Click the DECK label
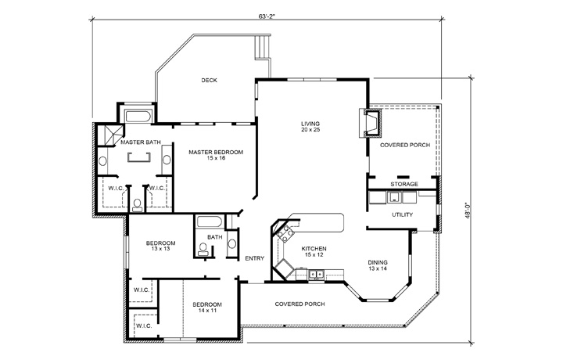point(209,80)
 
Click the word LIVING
point(310,123)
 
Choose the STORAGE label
point(404,184)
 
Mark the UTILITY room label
point(403,214)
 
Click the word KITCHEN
point(314,248)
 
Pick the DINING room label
point(378,262)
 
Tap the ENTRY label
point(255,258)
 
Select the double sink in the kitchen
point(317,274)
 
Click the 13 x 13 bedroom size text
point(159,250)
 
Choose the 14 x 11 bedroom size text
point(208,310)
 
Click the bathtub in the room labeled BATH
point(210,221)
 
